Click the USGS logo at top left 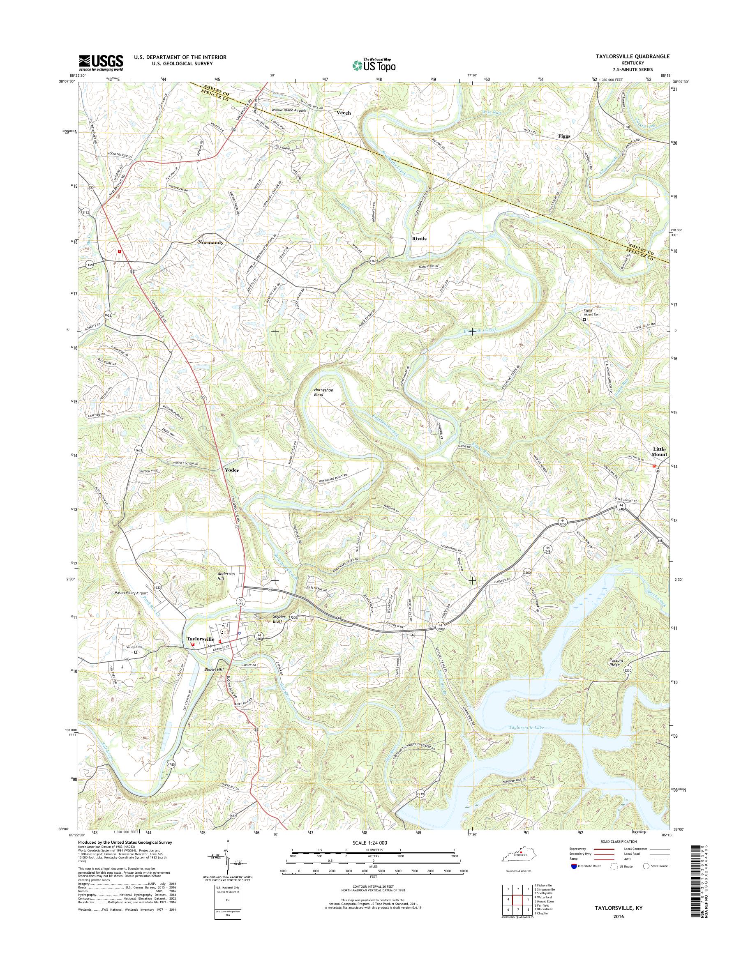pos(101,62)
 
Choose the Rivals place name pos(419,239)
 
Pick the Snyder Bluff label pos(276,619)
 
